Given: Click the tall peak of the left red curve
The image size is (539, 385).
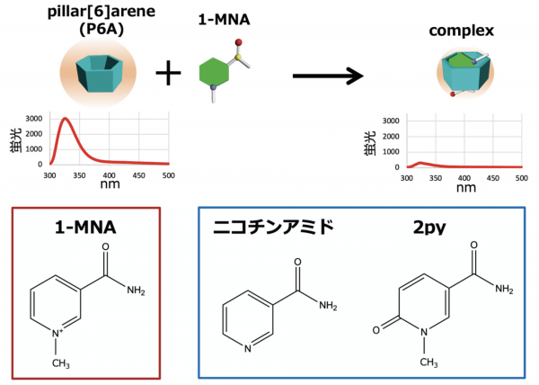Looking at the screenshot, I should [x=66, y=120].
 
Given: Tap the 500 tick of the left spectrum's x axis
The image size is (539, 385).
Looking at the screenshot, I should [x=167, y=175].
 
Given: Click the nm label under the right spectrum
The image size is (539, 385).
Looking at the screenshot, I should [x=465, y=188].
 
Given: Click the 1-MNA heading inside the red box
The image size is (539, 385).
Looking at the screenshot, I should [x=78, y=230].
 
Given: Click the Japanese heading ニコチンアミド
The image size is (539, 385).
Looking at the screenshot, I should [x=275, y=228].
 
